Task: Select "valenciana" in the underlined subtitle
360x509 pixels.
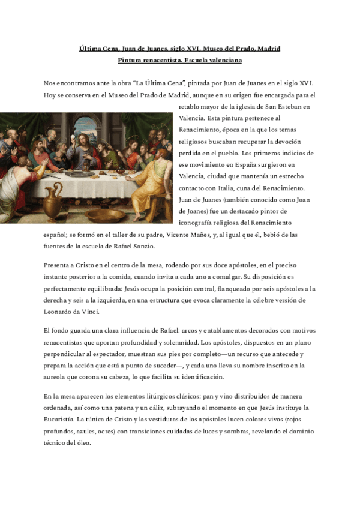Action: [223, 60]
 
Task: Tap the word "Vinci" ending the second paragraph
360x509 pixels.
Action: [90, 312]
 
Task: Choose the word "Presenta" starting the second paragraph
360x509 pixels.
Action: [59, 265]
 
